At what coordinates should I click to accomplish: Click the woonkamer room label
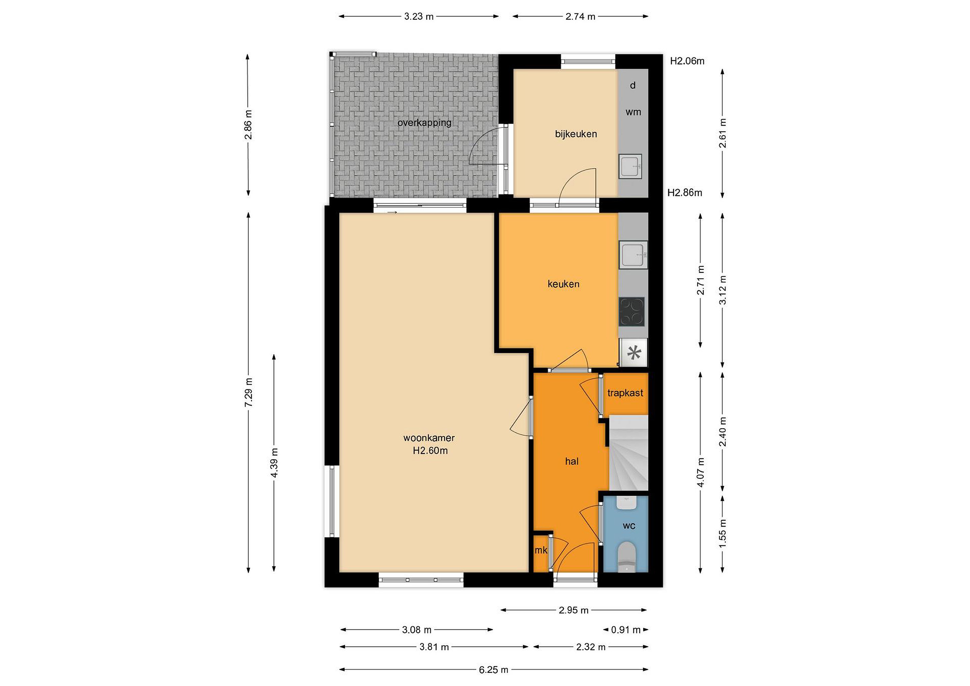tap(429, 438)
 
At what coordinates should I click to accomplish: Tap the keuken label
tap(563, 284)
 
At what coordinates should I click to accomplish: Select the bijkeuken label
tap(576, 134)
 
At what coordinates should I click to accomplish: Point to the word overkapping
tap(424, 123)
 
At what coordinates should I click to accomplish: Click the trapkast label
tap(625, 393)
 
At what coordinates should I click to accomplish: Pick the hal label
tap(572, 461)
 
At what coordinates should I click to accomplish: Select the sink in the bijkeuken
tap(630, 166)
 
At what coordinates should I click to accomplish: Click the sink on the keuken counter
tap(633, 255)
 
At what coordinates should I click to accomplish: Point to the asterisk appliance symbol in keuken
tap(633, 352)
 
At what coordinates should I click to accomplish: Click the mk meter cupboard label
tap(541, 550)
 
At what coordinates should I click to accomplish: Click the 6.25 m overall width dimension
tap(493, 669)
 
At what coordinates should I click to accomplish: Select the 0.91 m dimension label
tap(626, 630)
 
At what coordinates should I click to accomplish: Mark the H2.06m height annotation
tap(687, 61)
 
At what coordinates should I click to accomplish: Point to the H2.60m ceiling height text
tap(430, 451)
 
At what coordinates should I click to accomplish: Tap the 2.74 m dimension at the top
tap(580, 17)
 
